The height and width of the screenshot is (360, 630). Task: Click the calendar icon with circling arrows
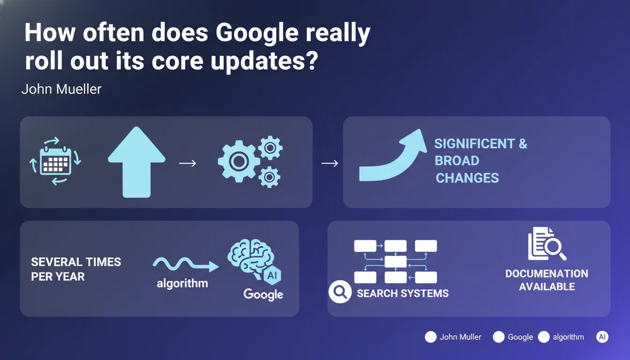[x=55, y=161]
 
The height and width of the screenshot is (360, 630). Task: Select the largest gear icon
[x=239, y=161]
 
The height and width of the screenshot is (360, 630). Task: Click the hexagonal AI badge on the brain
[x=272, y=275]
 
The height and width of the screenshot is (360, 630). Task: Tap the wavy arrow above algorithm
[x=186, y=264]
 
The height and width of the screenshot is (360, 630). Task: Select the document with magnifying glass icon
[x=547, y=244]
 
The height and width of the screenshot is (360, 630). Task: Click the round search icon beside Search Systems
[x=340, y=292]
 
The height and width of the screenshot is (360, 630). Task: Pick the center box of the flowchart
[x=396, y=262]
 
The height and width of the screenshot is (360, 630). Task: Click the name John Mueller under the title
[x=61, y=89]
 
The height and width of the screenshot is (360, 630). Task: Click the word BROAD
[x=457, y=161]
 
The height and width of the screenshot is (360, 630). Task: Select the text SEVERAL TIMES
[x=76, y=262]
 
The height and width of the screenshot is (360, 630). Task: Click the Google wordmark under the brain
[x=263, y=294]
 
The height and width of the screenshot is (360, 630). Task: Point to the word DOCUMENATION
[x=547, y=273]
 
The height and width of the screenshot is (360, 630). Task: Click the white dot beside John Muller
[x=431, y=337]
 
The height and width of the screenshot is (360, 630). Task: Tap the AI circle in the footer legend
[x=602, y=337]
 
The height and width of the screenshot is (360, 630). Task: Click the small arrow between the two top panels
[x=330, y=163]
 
